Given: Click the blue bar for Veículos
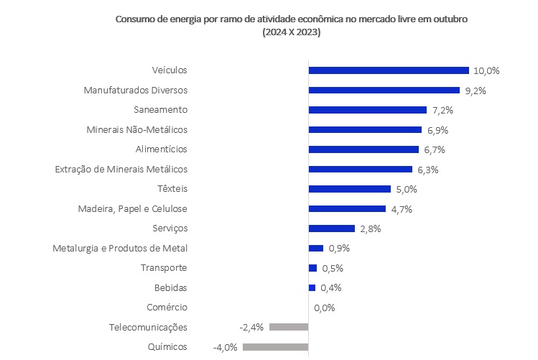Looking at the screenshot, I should pyautogui.click(x=388, y=70).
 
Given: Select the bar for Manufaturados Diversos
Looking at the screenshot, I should pyautogui.click(x=384, y=90).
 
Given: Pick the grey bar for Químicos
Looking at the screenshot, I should pyautogui.click(x=275, y=347).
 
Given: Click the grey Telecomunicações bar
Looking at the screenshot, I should pyautogui.click(x=289, y=327).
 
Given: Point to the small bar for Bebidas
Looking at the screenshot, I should pyautogui.click(x=312, y=287).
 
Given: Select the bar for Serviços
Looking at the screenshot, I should pyautogui.click(x=331, y=229).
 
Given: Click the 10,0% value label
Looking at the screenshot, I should pyautogui.click(x=486, y=70).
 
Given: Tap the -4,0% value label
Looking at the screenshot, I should pyautogui.click(x=226, y=347).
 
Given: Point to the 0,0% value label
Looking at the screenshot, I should pyautogui.click(x=325, y=308).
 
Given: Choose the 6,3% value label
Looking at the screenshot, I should pyautogui.click(x=427, y=170).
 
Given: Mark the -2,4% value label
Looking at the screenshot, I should pyautogui.click(x=252, y=327).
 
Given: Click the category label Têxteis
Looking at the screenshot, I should pyautogui.click(x=172, y=189).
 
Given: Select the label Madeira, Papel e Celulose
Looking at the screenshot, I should pyautogui.click(x=132, y=208).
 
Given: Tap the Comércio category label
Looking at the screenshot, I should pyautogui.click(x=167, y=308).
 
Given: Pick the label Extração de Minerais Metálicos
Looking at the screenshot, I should pyautogui.click(x=121, y=169).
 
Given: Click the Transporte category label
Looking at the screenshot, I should pyautogui.click(x=164, y=268).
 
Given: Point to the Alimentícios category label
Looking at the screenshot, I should pyautogui.click(x=161, y=149).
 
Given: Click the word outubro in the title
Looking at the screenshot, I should pyautogui.click(x=452, y=19).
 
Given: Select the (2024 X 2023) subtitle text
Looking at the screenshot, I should pyautogui.click(x=291, y=32).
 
